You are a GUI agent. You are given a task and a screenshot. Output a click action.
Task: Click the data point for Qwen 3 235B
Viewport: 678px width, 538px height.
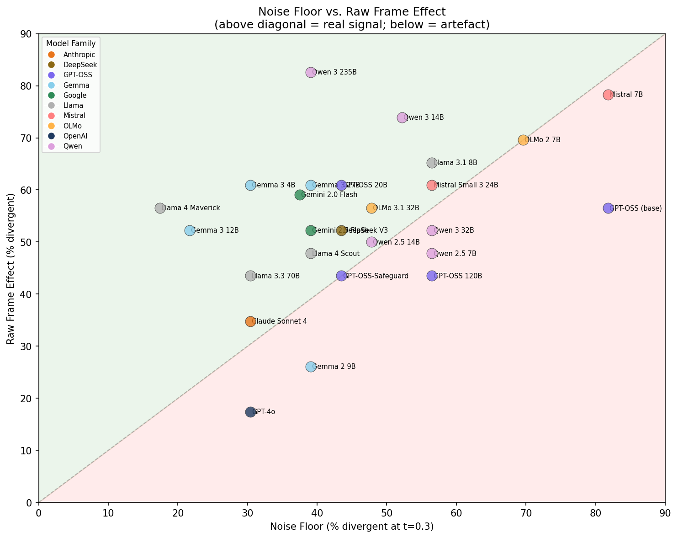click(311, 72)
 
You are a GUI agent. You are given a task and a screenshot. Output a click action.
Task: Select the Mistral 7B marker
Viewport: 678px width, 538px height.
click(608, 95)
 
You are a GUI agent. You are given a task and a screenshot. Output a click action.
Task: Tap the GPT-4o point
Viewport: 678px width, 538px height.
click(250, 412)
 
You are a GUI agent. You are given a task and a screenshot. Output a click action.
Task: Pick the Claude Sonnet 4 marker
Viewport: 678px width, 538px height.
click(250, 321)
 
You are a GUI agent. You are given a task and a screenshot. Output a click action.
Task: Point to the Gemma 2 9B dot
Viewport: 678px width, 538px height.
click(311, 367)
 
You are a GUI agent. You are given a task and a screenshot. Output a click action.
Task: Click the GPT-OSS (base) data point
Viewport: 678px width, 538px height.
click(608, 208)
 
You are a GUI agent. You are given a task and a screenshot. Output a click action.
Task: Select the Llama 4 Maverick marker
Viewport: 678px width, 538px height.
click(160, 208)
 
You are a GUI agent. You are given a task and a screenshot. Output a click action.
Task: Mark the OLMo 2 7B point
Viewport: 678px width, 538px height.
click(523, 140)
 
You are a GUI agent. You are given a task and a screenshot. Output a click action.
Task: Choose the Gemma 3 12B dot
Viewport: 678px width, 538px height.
click(190, 230)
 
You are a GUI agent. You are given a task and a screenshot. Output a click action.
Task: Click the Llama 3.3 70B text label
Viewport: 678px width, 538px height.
click(276, 276)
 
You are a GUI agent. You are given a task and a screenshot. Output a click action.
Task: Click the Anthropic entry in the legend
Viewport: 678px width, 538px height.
click(79, 55)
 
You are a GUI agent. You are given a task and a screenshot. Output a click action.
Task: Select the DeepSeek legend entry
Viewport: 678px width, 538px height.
click(80, 65)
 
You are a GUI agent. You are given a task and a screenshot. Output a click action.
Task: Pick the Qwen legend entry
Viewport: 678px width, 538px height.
click(73, 146)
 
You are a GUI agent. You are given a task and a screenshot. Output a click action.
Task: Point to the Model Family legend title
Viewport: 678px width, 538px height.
click(71, 44)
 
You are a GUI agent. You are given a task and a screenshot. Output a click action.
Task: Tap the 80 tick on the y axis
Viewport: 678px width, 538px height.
click(28, 86)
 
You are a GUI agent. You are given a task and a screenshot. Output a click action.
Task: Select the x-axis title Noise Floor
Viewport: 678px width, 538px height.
click(352, 527)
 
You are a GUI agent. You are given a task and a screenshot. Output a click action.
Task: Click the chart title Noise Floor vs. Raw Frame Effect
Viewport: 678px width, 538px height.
click(352, 12)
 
